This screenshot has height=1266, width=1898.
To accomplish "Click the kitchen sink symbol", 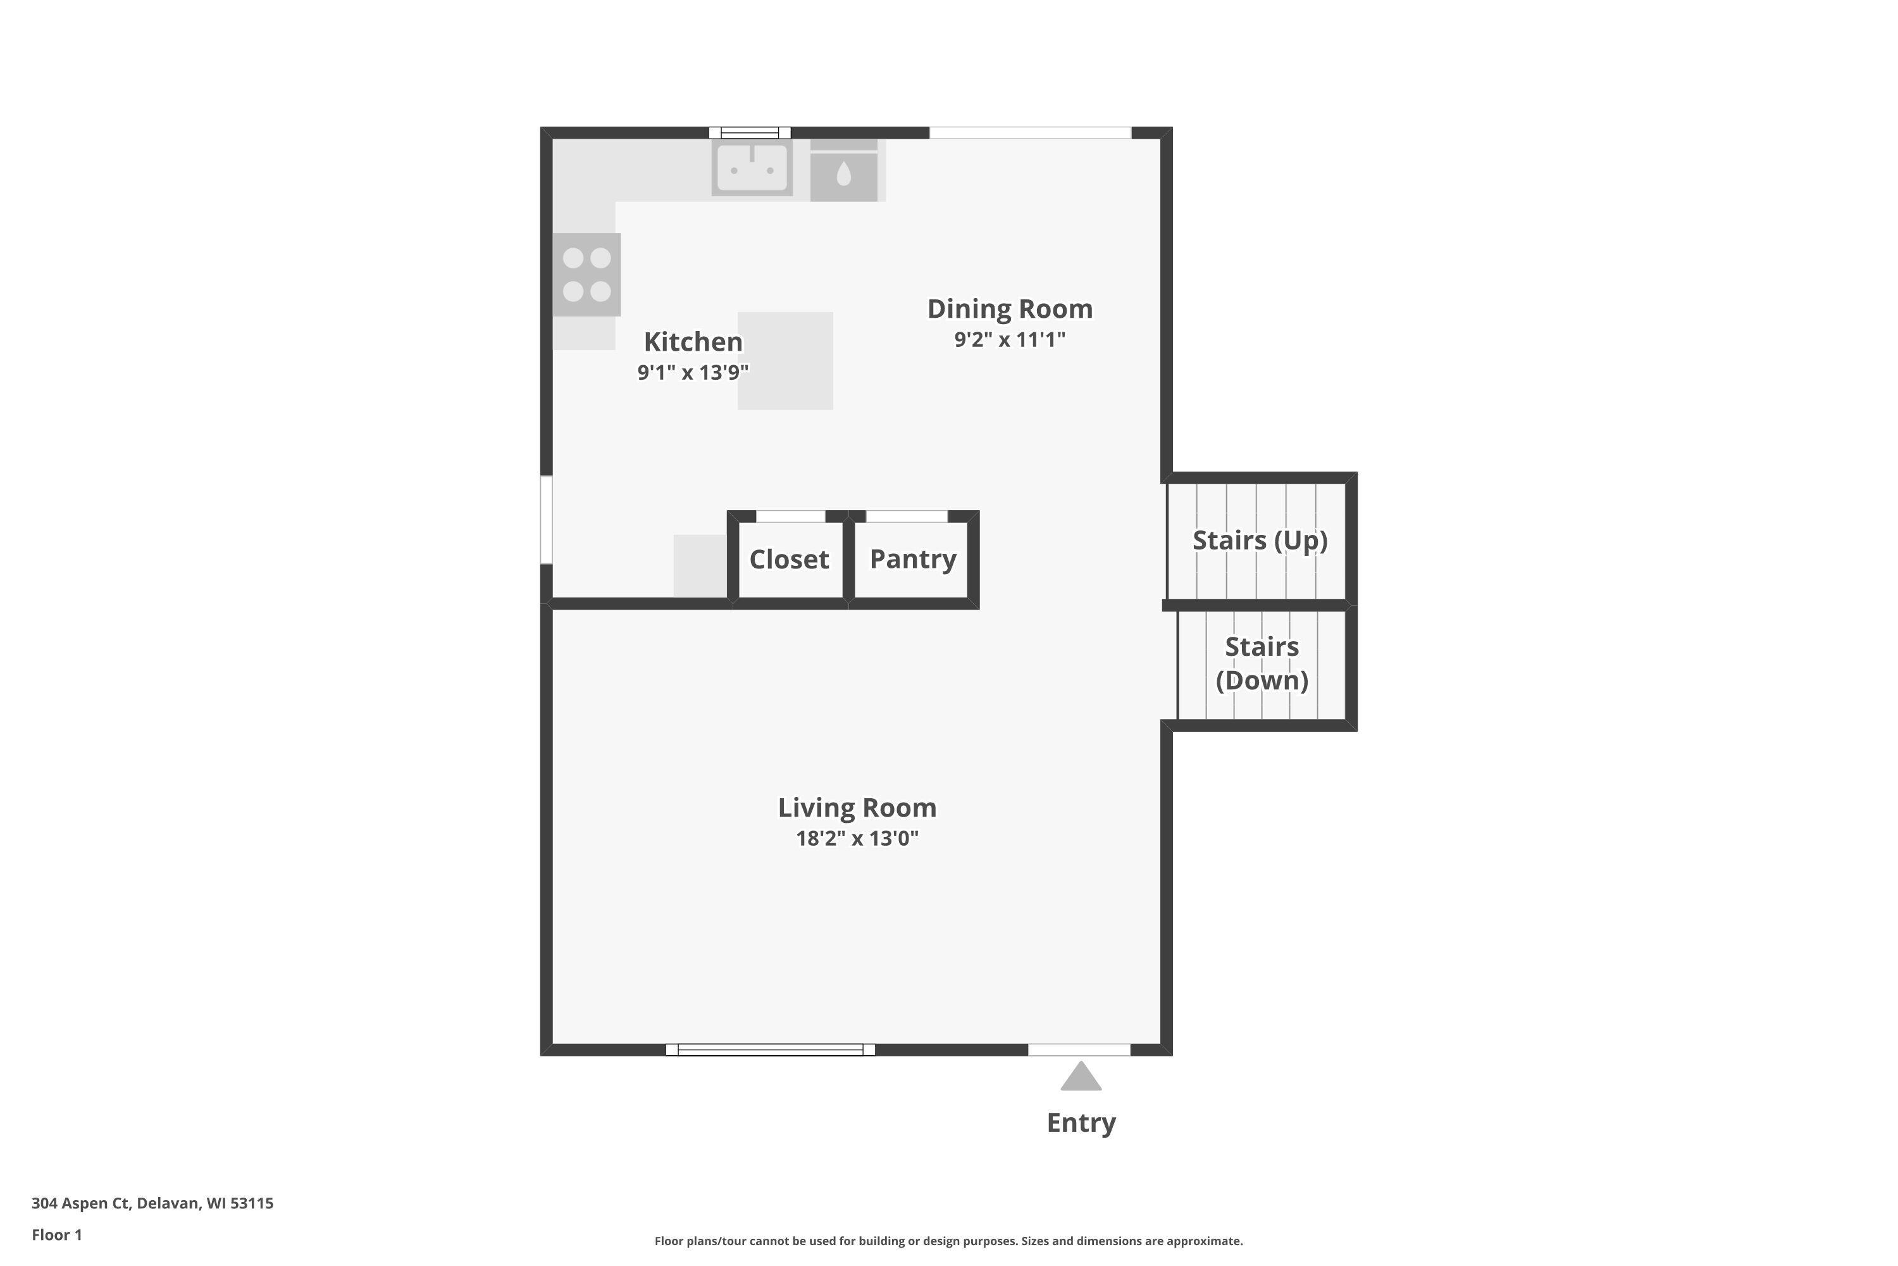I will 752,168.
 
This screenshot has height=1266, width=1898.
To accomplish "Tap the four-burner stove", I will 586,275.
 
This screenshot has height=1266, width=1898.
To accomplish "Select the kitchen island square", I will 785,361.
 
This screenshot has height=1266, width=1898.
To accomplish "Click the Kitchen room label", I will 693,342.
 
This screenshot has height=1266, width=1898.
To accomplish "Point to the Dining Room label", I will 1010,308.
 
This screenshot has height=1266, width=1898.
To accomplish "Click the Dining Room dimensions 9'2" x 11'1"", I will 1010,339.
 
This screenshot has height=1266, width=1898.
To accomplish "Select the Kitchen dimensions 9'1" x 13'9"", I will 693,372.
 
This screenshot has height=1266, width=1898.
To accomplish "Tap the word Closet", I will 789,559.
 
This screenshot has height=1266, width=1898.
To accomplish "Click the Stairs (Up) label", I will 1260,540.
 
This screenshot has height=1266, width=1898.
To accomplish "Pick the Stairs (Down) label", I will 1262,663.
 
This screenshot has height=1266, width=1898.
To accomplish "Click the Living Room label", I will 857,808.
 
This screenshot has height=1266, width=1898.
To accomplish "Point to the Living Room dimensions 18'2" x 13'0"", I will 857,838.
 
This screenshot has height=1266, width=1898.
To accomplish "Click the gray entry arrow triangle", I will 1081,1078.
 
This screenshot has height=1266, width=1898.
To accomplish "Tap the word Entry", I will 1081,1122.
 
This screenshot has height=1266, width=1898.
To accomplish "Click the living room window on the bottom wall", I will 770,1050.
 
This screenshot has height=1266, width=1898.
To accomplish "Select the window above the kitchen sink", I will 750,132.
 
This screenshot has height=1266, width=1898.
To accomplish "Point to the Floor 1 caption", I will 56,1234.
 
